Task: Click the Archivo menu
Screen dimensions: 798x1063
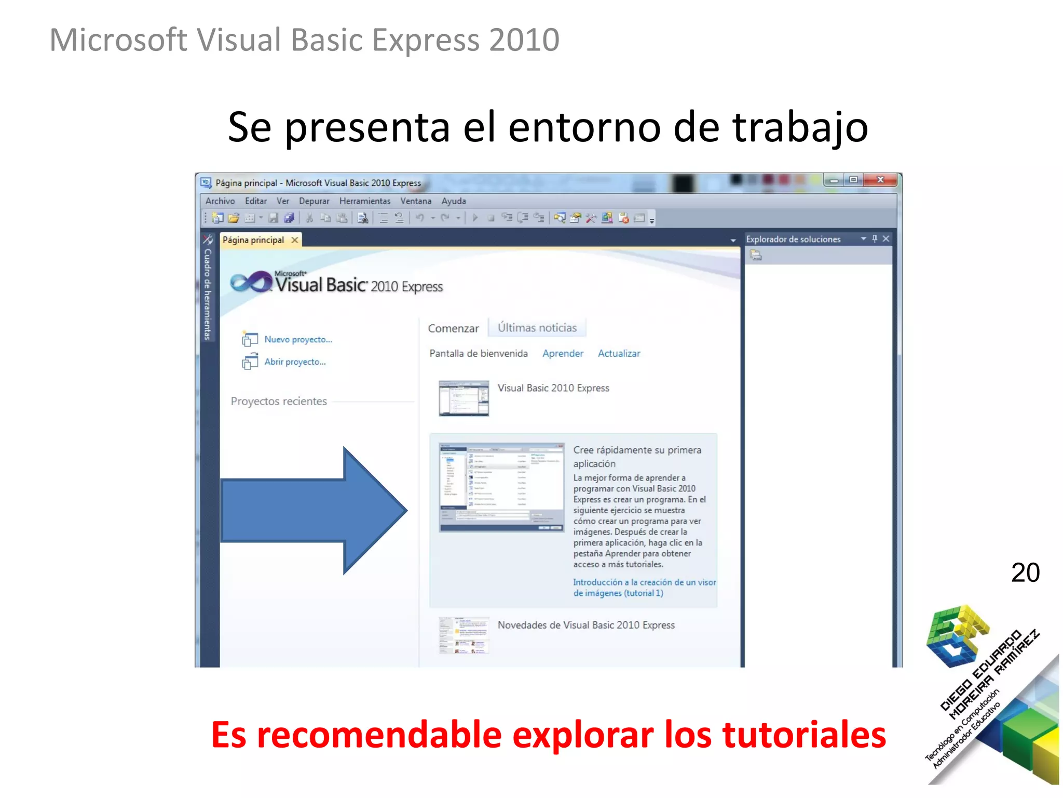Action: click(220, 201)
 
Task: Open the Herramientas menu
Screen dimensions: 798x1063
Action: click(364, 201)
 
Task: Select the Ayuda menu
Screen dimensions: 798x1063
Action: click(453, 201)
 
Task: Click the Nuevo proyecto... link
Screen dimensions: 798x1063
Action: click(298, 339)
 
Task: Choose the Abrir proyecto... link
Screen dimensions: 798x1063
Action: click(295, 362)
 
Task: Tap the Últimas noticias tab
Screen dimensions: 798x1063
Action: click(537, 328)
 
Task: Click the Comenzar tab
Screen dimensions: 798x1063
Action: click(453, 328)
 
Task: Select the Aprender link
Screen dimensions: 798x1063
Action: click(563, 353)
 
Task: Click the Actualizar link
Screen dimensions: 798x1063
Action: click(619, 353)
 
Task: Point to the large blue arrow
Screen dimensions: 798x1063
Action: click(311, 510)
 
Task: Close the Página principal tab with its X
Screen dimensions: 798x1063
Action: click(295, 240)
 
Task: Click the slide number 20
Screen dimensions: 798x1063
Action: click(1025, 573)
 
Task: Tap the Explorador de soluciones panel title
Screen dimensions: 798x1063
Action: click(793, 239)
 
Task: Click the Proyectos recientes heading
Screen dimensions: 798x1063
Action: click(279, 401)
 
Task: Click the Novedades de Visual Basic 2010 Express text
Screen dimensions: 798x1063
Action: click(586, 625)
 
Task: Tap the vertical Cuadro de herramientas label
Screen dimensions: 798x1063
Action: click(208, 294)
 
